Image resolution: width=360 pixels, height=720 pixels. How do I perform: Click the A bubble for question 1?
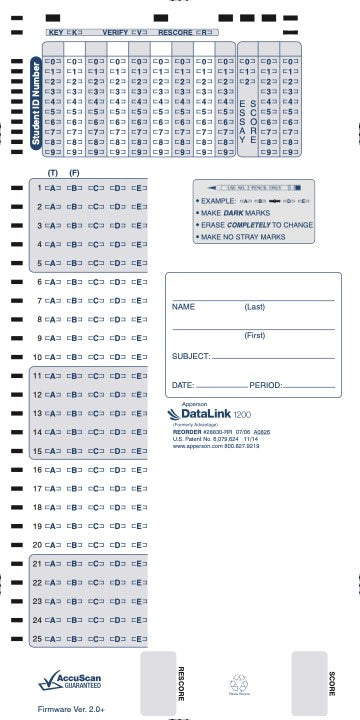click(x=52, y=187)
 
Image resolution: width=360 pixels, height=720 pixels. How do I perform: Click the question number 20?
click(x=37, y=545)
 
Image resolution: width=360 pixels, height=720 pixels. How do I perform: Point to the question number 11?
click(x=37, y=375)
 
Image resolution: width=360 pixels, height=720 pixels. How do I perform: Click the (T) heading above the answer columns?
click(x=52, y=174)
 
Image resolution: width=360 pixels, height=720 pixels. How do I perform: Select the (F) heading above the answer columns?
click(x=74, y=174)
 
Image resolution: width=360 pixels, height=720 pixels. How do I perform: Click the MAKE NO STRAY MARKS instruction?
click(x=240, y=237)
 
